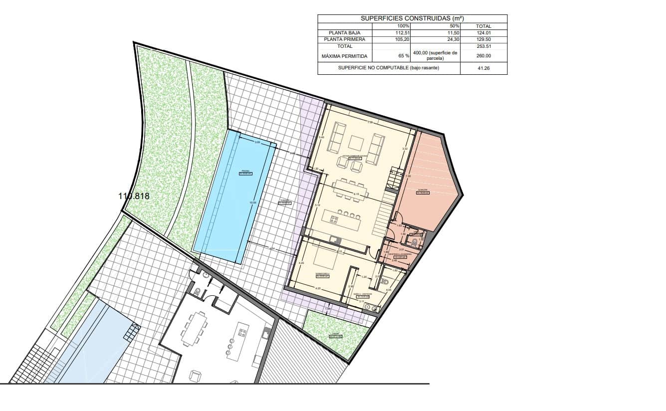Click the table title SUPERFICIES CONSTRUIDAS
tap(412, 18)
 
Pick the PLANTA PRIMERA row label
tap(344, 39)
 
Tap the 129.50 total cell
tap(483, 39)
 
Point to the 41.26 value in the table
tap(483, 68)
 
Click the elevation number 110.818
tap(134, 196)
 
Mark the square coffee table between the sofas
tap(357, 143)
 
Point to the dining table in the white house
tap(194, 329)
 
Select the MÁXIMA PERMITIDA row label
tap(344, 56)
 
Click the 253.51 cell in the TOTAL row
tap(483, 46)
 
